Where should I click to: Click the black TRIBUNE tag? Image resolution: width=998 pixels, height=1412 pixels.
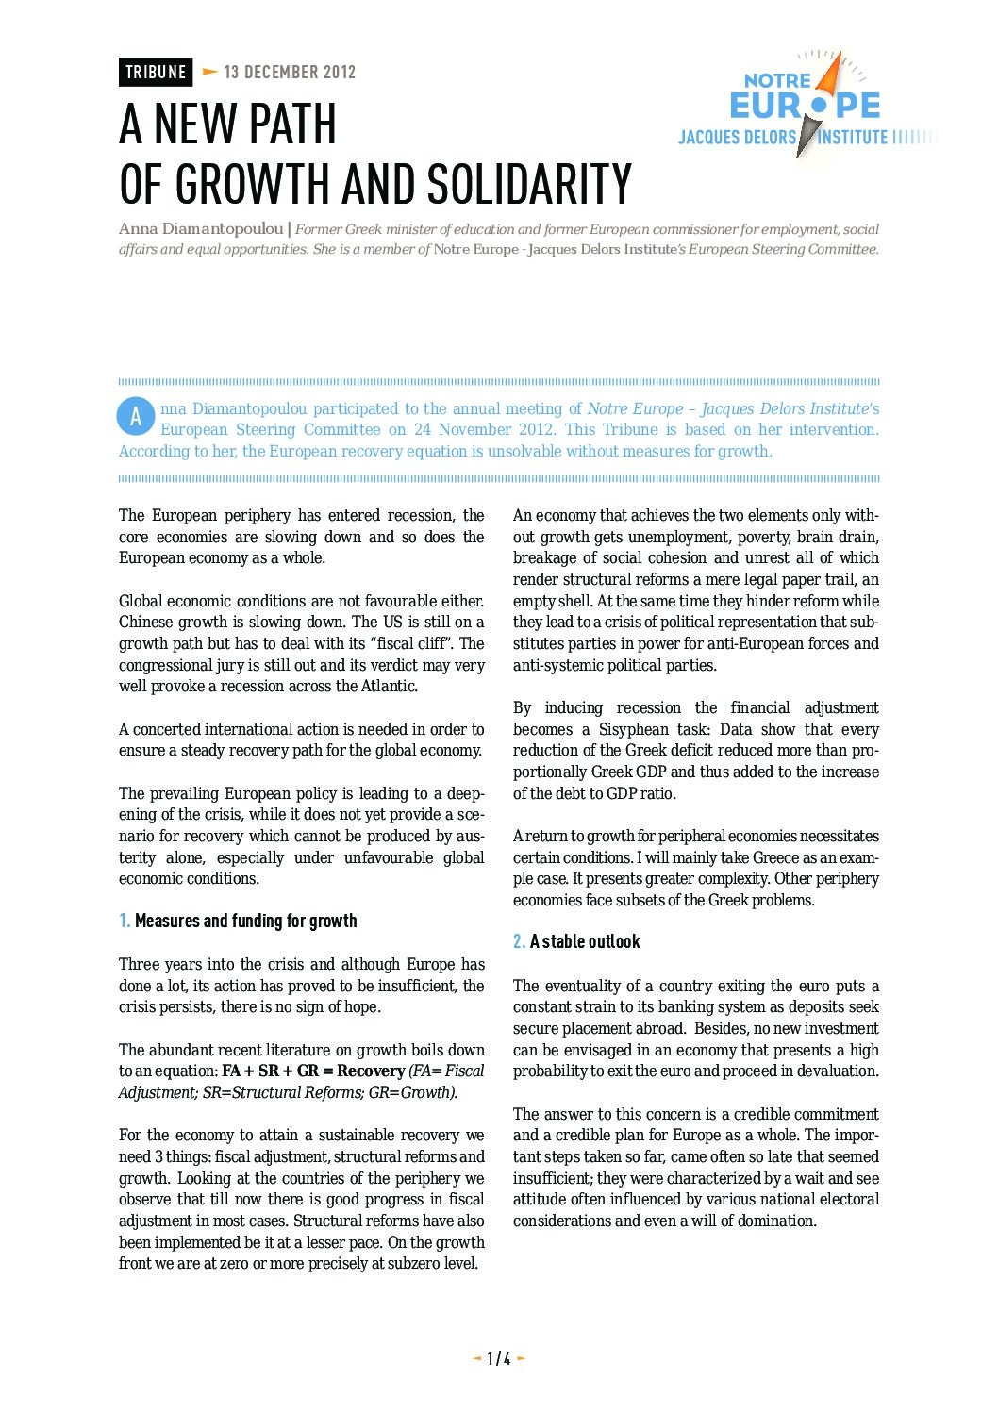[x=156, y=72]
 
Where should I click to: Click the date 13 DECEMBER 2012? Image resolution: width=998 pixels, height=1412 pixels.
[x=290, y=72]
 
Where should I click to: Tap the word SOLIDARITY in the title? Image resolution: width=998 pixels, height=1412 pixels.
[x=529, y=184]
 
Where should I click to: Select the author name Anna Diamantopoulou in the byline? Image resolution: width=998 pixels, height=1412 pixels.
[x=201, y=229]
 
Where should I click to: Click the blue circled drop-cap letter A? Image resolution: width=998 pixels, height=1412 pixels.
[x=136, y=416]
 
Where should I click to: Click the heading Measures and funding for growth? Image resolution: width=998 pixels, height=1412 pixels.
[x=245, y=921]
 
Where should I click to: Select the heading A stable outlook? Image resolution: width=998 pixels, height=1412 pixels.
[x=585, y=941]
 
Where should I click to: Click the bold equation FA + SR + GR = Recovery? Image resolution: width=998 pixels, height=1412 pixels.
[x=313, y=1071]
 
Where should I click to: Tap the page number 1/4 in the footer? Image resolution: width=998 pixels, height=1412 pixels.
[x=499, y=1358]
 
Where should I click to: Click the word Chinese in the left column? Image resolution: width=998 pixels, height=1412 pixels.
[x=146, y=623]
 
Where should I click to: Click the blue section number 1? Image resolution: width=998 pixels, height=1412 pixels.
[x=125, y=921]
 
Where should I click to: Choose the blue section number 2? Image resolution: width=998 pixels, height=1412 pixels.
[x=519, y=941]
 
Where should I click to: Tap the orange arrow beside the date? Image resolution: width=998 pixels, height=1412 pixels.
[x=209, y=72]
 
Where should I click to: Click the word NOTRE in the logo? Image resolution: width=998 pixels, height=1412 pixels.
[x=777, y=81]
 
